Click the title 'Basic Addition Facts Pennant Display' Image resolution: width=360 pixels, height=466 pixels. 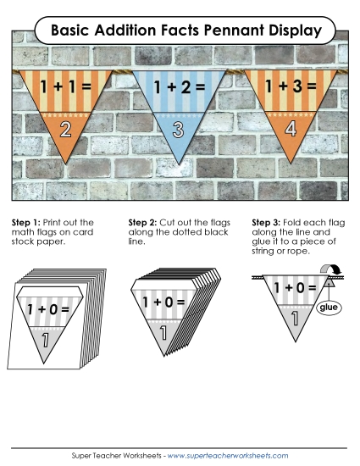[186, 31]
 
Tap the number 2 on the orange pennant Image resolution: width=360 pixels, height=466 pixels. [61, 129]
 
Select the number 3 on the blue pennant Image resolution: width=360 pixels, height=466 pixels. [178, 130]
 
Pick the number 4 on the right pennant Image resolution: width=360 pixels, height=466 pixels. [291, 129]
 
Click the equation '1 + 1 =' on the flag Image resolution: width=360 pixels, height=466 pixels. [57, 87]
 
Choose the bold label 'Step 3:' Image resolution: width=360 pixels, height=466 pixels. [268, 222]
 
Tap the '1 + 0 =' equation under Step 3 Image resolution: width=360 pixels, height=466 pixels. [294, 288]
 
